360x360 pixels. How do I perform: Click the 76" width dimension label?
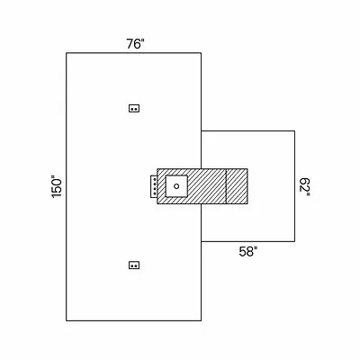point(135,44)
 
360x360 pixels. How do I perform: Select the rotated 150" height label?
point(57,186)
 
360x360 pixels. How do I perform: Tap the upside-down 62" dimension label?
point(305,187)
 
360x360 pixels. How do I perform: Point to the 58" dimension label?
point(248,251)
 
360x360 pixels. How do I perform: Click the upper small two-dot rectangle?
point(134,108)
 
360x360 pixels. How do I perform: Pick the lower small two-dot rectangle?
point(134,265)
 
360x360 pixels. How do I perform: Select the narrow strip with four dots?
point(154,186)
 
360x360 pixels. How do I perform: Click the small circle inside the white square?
point(176,186)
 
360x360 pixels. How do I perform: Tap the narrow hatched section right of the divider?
point(237,186)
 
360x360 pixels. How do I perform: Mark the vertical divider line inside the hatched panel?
point(226,186)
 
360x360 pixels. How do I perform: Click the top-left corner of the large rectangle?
point(67,53)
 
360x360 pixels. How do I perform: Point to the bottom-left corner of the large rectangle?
point(67,320)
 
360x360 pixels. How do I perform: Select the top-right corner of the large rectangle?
point(201,53)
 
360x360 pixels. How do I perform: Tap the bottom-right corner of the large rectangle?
point(201,320)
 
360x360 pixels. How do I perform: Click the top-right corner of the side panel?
point(294,130)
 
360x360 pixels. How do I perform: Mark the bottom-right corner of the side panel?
point(294,241)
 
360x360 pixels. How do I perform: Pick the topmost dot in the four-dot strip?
point(155,179)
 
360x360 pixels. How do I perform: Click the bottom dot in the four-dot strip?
point(155,193)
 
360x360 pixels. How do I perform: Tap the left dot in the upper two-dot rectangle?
point(132,109)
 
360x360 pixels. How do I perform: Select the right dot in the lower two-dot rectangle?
point(136,265)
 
